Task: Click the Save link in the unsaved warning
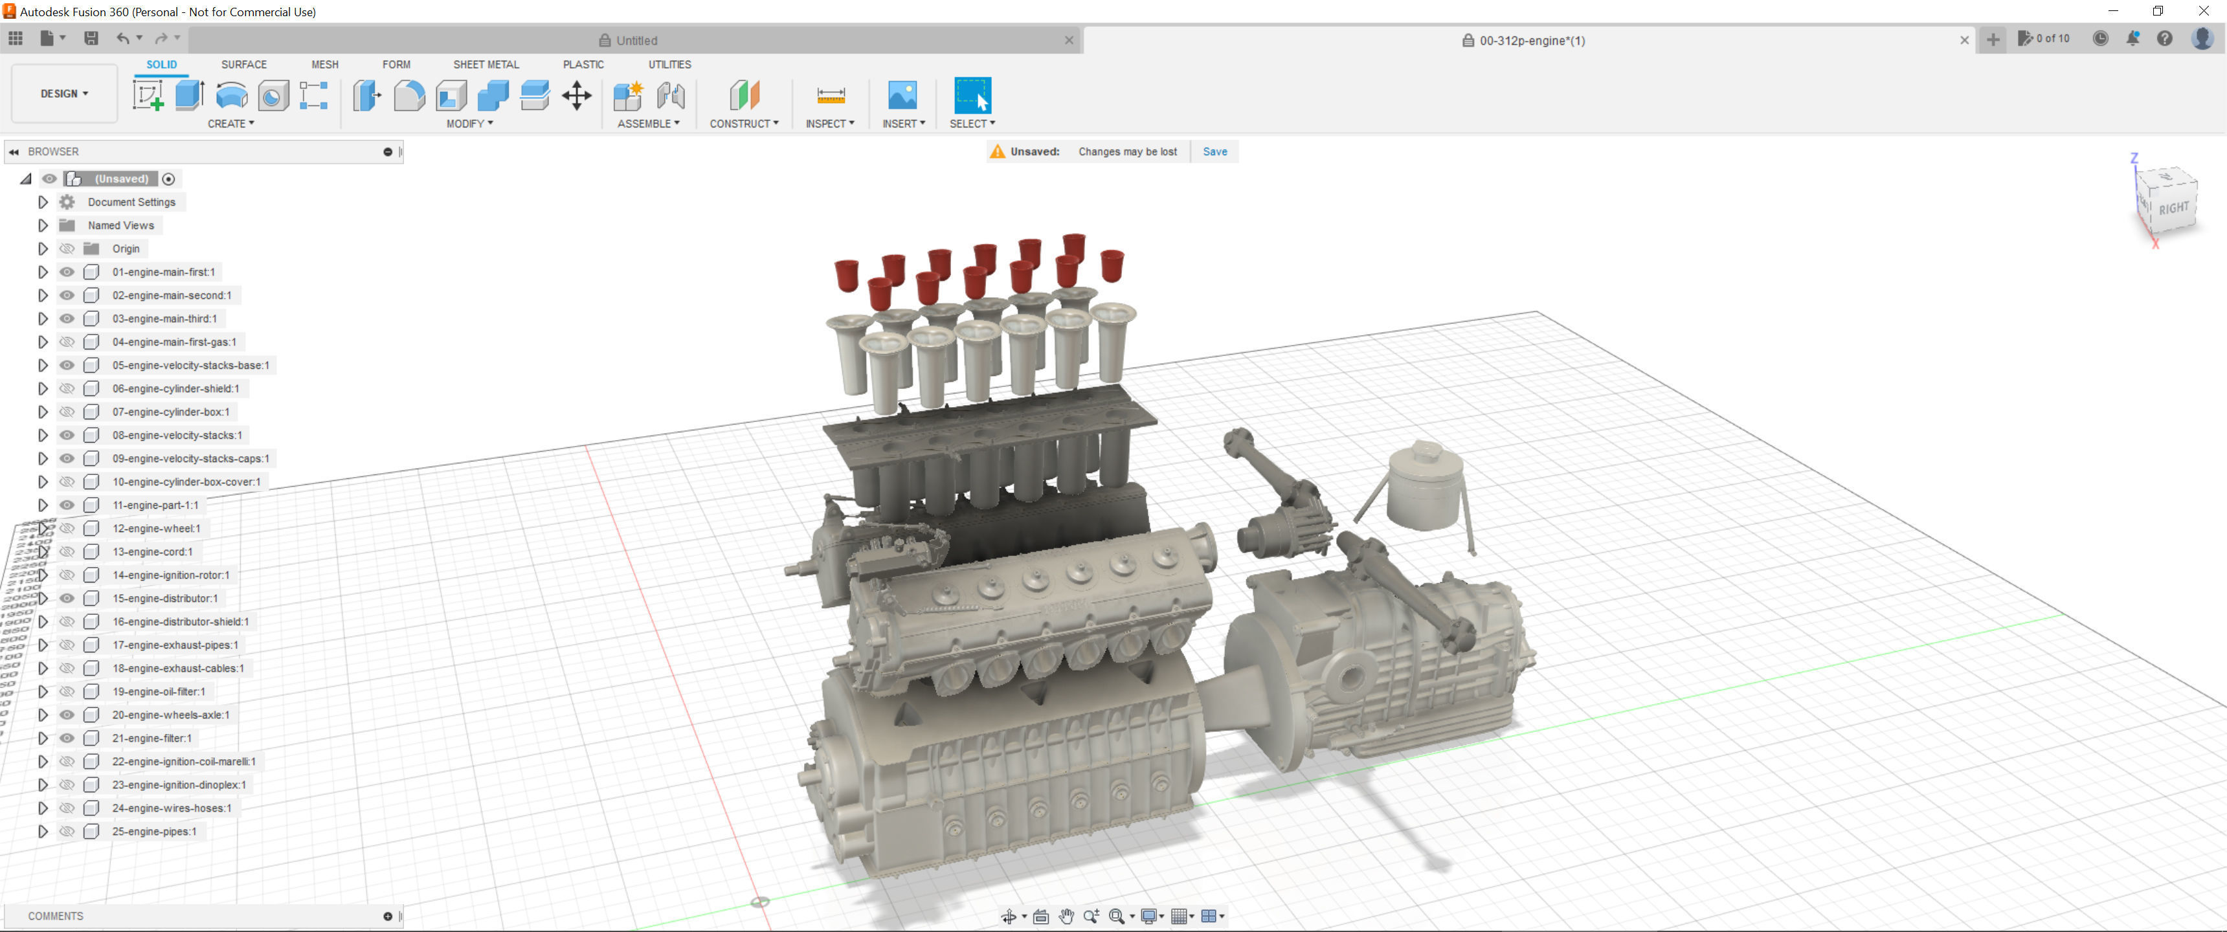1214,151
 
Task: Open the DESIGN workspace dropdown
64,93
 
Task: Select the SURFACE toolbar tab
244,64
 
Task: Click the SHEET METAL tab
486,64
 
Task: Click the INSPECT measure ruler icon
830,95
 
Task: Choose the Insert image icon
902,95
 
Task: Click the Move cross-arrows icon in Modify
577,95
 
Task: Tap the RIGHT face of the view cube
2173,208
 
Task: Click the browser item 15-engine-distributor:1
164,598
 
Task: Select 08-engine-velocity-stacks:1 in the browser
176,435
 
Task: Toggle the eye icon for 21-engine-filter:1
67,738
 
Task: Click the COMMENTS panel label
55,916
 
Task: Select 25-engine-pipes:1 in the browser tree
154,832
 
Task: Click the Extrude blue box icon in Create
189,95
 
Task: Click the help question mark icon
2164,39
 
